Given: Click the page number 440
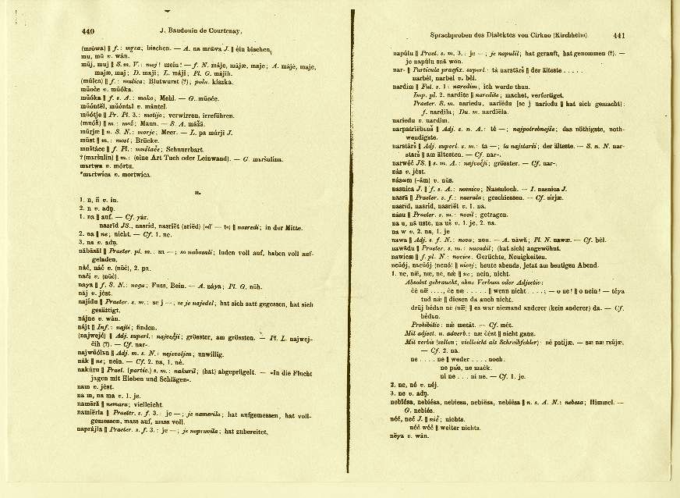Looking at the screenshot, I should pos(87,32).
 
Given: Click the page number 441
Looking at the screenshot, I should pos(619,35).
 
